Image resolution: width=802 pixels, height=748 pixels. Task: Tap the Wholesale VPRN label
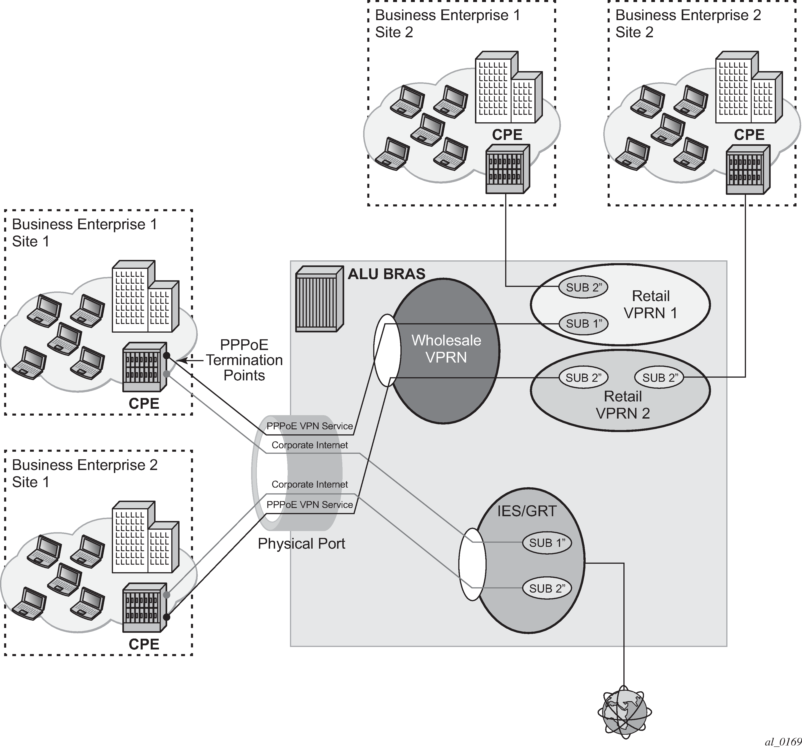[x=446, y=349]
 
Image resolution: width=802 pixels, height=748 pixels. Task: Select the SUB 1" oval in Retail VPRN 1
[x=583, y=323]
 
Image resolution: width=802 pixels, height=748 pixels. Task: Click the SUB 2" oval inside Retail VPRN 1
[x=583, y=288]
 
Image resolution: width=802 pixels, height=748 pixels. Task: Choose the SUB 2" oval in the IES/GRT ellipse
[x=547, y=588]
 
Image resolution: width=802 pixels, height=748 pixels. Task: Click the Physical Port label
[x=301, y=544]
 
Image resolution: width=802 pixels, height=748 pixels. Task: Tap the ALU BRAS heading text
[x=386, y=274]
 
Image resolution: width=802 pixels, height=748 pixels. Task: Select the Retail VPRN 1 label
[x=650, y=305]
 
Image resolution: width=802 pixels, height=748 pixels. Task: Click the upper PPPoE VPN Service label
[x=309, y=426]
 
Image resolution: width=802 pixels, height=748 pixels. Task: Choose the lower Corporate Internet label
[x=309, y=484]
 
